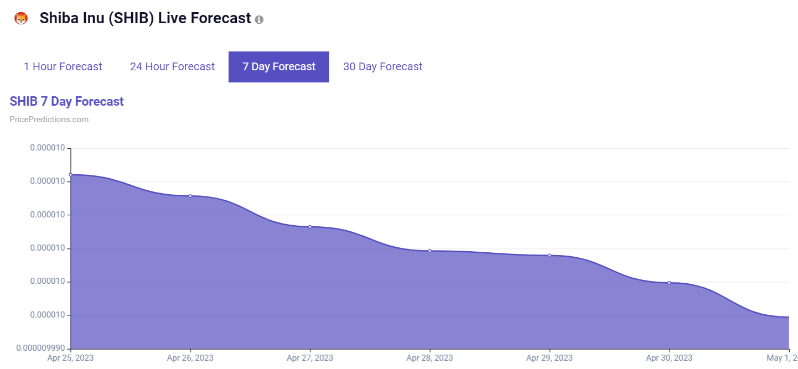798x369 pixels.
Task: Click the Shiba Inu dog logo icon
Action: coord(21,18)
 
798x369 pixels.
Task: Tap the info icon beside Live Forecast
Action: coord(259,19)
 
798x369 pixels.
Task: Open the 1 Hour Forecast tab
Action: coord(63,67)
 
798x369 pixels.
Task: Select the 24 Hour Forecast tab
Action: coord(172,67)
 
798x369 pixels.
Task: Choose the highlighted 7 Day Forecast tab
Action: coord(279,67)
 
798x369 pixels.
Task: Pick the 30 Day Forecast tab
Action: coord(382,67)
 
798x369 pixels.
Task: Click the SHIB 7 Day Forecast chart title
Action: coord(67,102)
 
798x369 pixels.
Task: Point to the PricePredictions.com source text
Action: coord(49,119)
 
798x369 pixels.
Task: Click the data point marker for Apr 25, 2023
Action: coord(70,175)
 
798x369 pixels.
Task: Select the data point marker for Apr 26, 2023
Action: coord(190,196)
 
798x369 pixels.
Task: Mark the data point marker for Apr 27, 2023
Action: coord(310,227)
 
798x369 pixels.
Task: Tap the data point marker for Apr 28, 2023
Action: coord(429,251)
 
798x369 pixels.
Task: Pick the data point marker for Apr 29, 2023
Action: coord(550,255)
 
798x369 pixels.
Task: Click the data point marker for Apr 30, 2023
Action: coord(669,283)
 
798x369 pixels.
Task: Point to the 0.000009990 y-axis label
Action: coord(41,349)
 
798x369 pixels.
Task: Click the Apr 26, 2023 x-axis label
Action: coord(190,358)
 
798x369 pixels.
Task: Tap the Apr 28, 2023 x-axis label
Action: coord(429,358)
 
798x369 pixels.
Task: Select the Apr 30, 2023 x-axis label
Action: coord(669,358)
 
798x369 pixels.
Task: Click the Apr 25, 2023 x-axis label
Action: coord(70,358)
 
